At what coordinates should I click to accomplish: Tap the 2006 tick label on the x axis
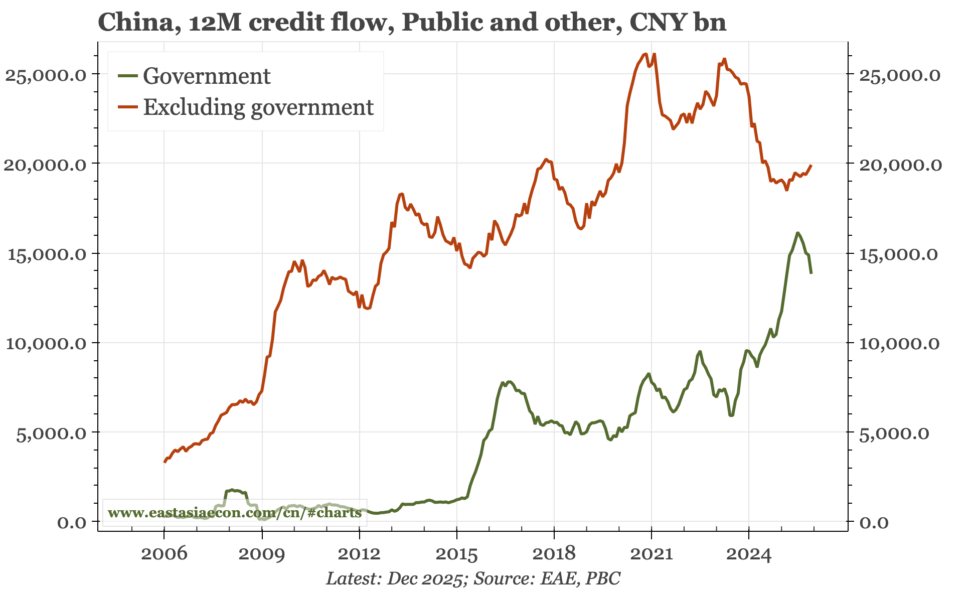click(164, 554)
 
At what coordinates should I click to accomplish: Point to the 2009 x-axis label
click(262, 554)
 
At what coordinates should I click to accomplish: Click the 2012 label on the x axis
click(359, 554)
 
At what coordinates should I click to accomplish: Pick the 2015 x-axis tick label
click(456, 554)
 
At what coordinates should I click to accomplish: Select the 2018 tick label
click(554, 554)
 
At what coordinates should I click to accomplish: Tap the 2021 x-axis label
click(651, 554)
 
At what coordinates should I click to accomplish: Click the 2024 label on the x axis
click(748, 554)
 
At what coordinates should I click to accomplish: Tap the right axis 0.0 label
click(874, 523)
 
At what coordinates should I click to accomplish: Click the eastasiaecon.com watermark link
click(234, 513)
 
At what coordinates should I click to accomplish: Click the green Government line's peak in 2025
click(797, 233)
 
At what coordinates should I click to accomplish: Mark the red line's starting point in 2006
click(165, 462)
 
